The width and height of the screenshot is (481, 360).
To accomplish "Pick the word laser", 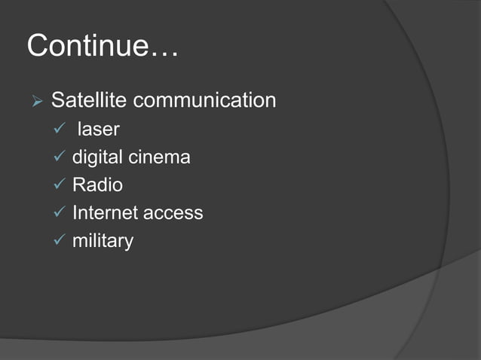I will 99,129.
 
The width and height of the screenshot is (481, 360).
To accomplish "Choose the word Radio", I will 97,185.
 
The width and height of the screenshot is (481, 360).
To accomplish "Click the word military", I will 103,241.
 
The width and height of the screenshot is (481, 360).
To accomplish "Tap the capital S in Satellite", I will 57,100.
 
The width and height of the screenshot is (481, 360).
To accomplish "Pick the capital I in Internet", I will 75,212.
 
